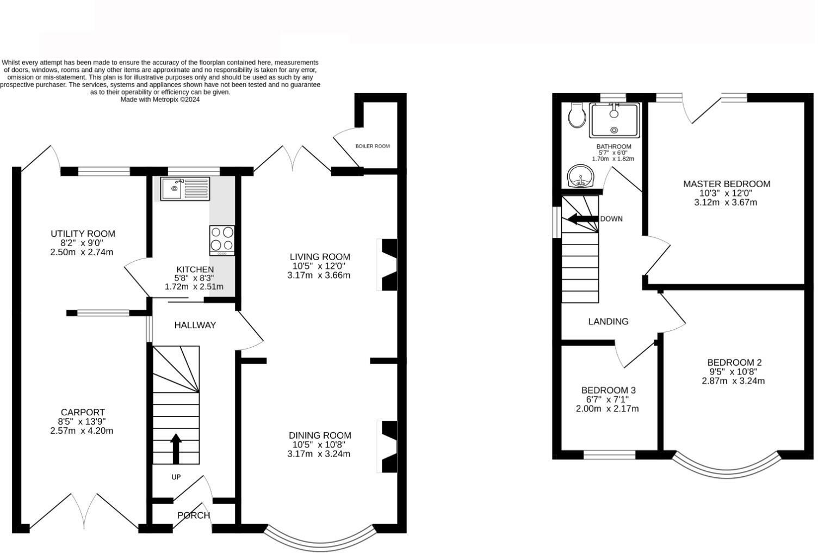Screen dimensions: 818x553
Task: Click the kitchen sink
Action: click(x=185, y=189)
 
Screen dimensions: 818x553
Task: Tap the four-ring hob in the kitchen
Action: click(x=222, y=241)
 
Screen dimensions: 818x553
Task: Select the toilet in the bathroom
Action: click(x=577, y=115)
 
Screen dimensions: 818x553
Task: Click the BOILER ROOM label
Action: click(x=373, y=146)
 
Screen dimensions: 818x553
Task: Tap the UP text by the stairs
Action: click(x=176, y=477)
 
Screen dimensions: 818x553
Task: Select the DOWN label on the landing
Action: click(x=611, y=219)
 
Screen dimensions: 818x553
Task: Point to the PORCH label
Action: click(x=194, y=515)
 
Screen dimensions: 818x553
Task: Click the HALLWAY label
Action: click(x=195, y=325)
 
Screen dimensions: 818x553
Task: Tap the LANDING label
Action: click(x=608, y=321)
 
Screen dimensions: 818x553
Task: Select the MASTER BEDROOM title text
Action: click(x=727, y=184)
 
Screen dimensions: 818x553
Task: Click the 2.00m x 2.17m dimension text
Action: click(x=608, y=409)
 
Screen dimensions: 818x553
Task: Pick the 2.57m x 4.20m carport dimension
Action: click(x=82, y=431)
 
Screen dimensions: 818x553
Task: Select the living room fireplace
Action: click(x=387, y=265)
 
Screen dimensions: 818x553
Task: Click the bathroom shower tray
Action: click(x=614, y=121)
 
